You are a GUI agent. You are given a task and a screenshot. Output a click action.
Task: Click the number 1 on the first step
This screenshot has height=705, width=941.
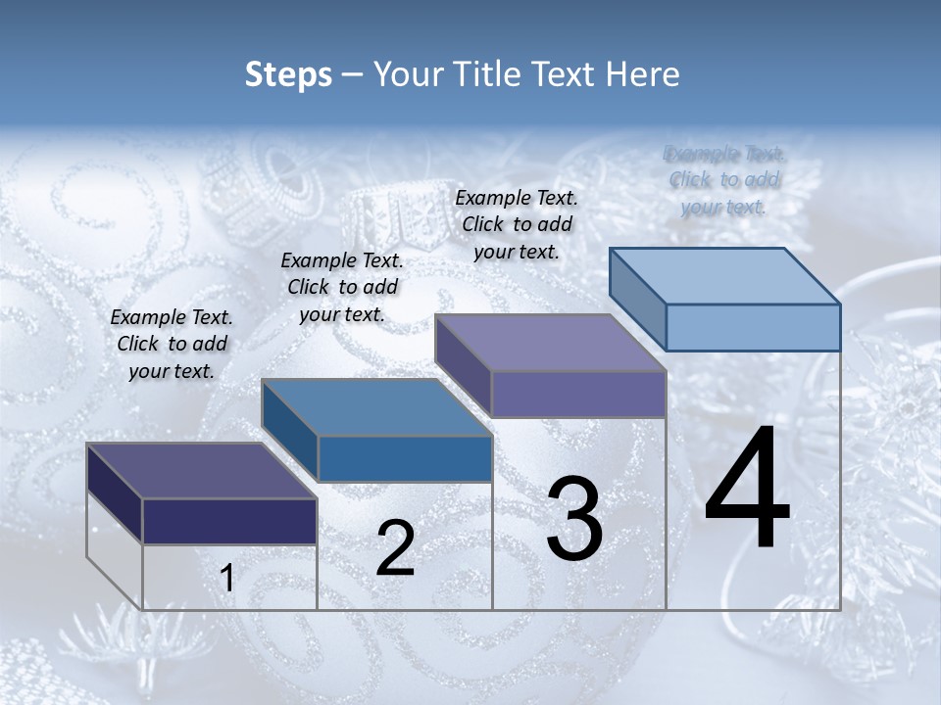point(227,579)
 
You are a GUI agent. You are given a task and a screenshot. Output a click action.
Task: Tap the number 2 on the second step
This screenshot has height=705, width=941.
point(395,547)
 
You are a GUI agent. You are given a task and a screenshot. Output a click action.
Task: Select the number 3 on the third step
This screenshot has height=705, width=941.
point(574,519)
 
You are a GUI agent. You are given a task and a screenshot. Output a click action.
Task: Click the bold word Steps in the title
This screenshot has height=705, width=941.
point(288,74)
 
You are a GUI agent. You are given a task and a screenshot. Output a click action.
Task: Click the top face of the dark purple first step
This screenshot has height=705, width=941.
point(201,471)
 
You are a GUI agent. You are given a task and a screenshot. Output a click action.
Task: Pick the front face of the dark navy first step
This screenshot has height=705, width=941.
point(229,521)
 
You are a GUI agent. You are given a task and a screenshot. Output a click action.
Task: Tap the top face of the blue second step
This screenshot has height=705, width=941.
point(376,407)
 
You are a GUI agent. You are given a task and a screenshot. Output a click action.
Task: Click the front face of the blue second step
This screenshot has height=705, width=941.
point(404,458)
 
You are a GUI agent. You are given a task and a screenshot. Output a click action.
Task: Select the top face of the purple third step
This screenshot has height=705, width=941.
point(551,343)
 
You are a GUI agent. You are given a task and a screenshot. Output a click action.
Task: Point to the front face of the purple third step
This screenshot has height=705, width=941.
point(578,394)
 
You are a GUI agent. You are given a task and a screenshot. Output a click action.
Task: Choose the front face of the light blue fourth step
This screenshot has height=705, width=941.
point(753,327)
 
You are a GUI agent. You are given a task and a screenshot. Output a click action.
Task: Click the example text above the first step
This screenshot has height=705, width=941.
point(172,344)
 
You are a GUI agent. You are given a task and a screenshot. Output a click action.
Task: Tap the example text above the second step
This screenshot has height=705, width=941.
point(342,287)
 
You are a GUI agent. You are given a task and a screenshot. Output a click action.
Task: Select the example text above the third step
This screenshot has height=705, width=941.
point(517,224)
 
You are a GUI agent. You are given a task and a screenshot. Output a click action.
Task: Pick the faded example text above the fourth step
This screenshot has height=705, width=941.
point(724,180)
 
